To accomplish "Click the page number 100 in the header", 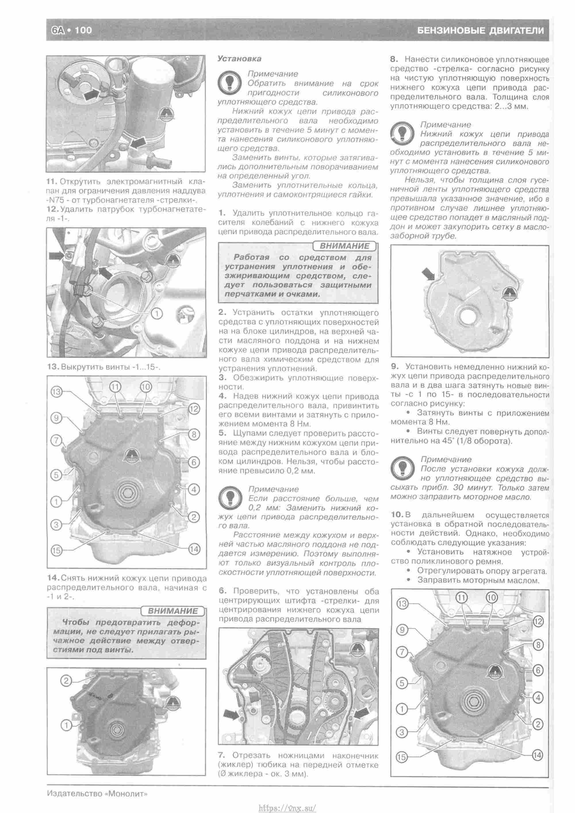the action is (x=84, y=30).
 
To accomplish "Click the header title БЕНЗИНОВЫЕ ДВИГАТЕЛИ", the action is (x=480, y=30).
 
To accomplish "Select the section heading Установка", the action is (x=239, y=59).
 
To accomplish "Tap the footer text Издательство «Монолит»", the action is (x=97, y=784).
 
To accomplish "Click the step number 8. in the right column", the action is (x=395, y=60).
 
